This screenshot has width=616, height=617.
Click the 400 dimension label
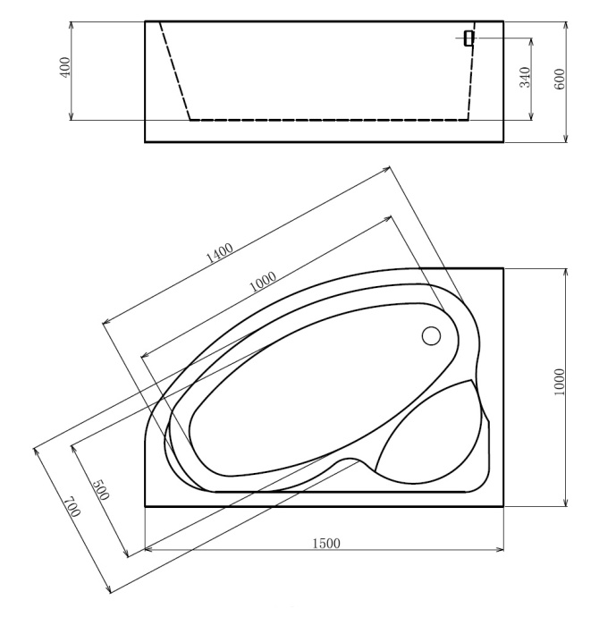tap(64, 69)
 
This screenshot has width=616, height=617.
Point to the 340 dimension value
tap(526, 77)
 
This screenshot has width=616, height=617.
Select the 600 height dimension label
tap(560, 80)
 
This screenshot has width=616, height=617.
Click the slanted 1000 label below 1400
tap(262, 282)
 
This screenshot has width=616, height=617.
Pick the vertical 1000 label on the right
tap(560, 383)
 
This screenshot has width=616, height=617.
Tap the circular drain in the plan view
tap(431, 336)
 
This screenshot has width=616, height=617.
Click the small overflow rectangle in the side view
tap(468, 38)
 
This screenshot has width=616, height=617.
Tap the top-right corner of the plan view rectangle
tap(503, 268)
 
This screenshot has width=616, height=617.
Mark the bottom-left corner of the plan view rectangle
tap(145, 506)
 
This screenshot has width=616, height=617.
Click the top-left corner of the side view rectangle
tap(145, 21)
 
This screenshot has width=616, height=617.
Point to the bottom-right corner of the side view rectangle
tap(503, 141)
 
